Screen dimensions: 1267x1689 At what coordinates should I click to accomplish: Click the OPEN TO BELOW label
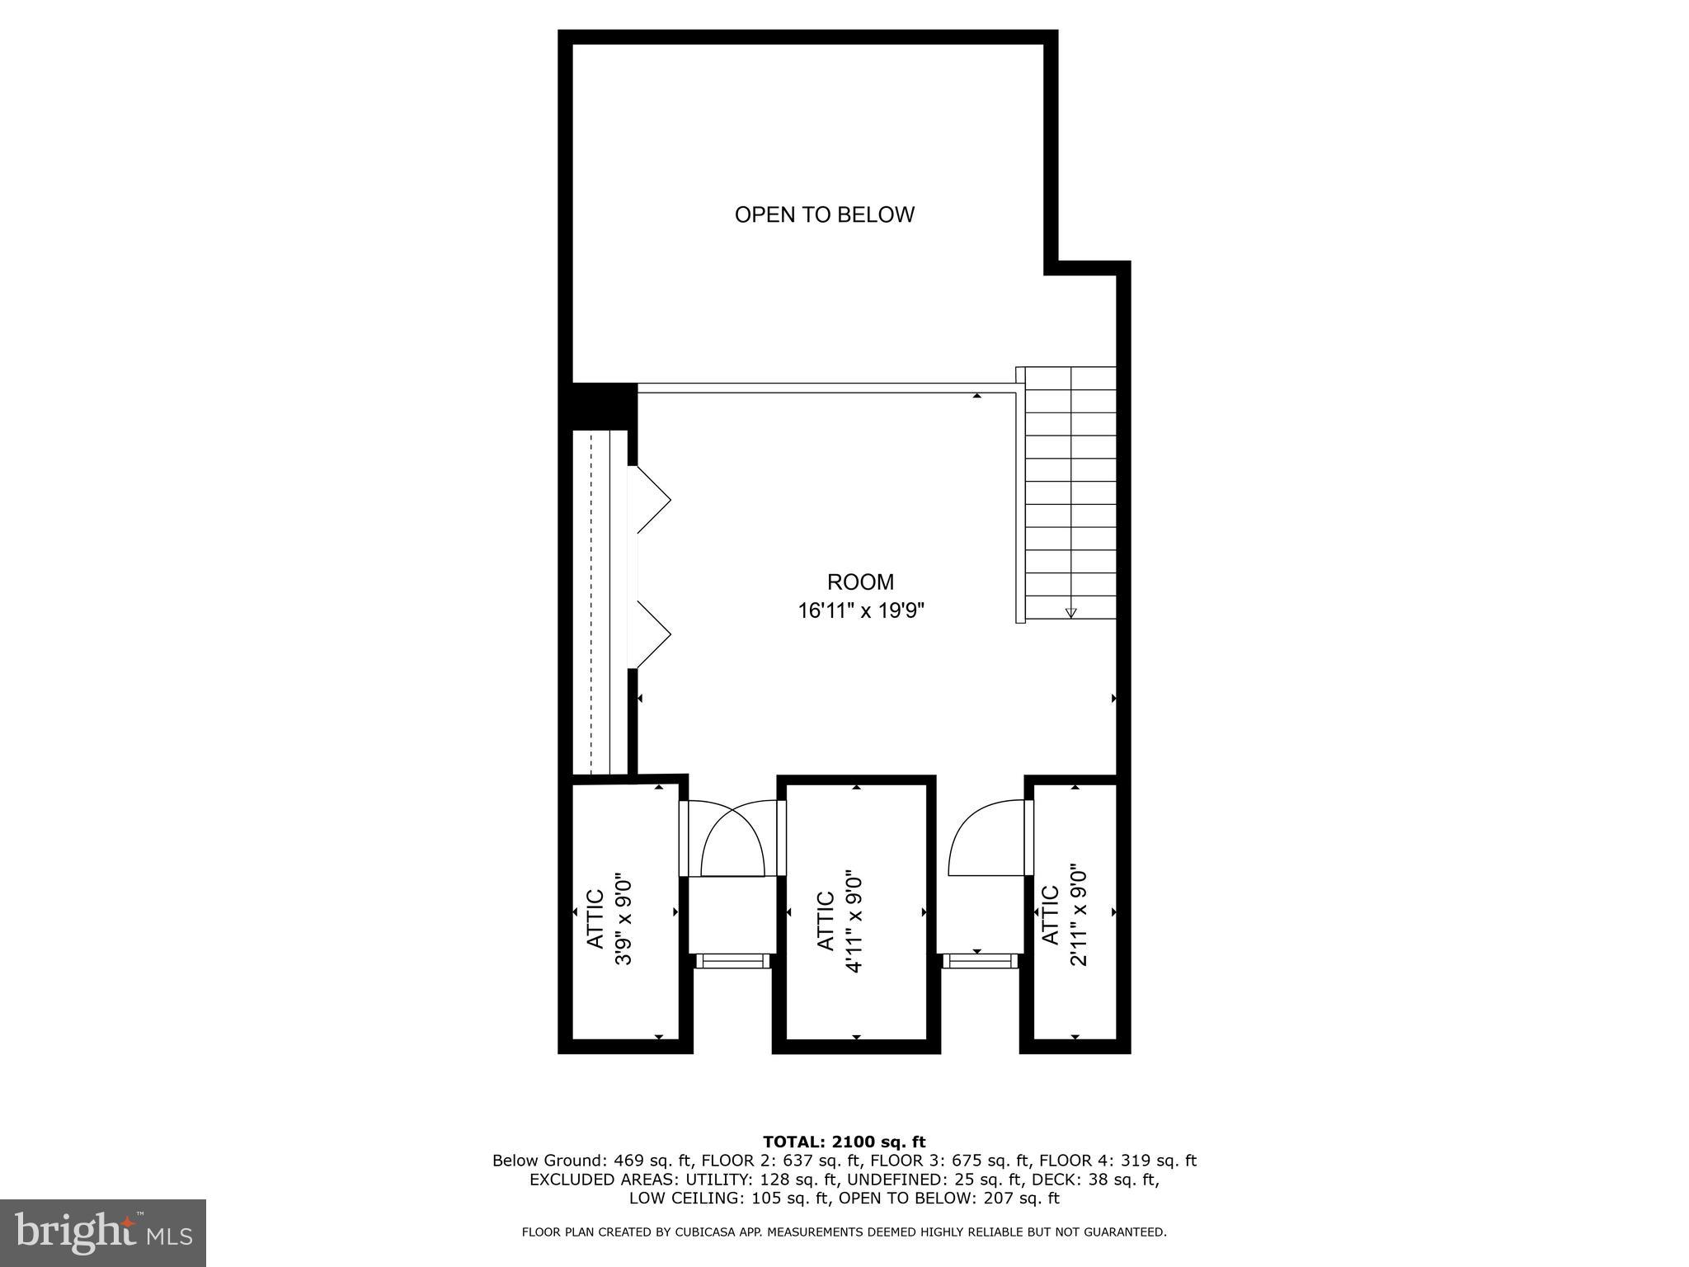pyautogui.click(x=824, y=215)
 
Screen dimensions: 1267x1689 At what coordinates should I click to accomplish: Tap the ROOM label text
pyautogui.click(x=860, y=582)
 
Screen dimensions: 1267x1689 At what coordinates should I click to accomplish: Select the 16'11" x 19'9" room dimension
pyautogui.click(x=860, y=611)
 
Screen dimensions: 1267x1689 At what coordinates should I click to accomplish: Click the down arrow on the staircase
pyautogui.click(x=1070, y=612)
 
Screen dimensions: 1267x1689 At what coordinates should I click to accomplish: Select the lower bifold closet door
pyautogui.click(x=652, y=633)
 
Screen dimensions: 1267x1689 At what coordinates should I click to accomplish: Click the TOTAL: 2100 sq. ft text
pyautogui.click(x=844, y=1142)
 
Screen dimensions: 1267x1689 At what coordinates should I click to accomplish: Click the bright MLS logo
pyautogui.click(x=103, y=1233)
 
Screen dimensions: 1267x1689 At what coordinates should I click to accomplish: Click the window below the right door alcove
pyautogui.click(x=980, y=960)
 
